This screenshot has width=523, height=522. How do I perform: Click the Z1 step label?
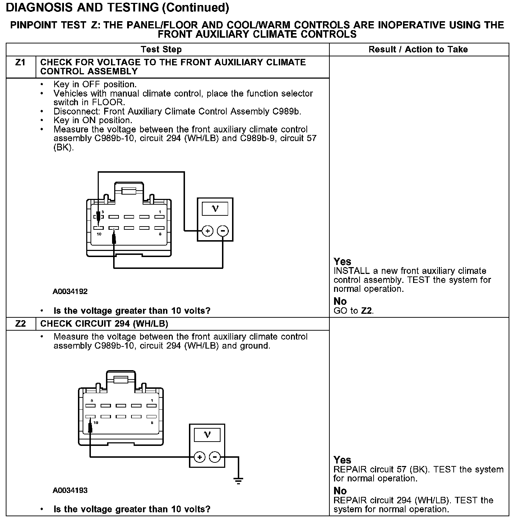(x=20, y=62)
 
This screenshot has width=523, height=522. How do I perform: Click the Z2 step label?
(x=20, y=324)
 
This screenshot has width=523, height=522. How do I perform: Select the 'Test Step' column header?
(x=161, y=50)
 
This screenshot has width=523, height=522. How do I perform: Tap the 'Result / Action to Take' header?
(x=418, y=50)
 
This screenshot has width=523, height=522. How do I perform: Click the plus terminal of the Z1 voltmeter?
(x=208, y=231)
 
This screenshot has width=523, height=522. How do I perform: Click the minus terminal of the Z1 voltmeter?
(x=223, y=231)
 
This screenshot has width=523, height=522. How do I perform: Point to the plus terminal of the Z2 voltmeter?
(x=199, y=457)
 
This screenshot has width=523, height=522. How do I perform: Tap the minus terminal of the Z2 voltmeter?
(x=215, y=457)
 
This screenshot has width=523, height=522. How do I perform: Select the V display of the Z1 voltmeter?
(x=215, y=209)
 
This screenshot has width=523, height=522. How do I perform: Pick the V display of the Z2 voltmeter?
(x=207, y=435)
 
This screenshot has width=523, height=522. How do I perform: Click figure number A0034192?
(x=70, y=292)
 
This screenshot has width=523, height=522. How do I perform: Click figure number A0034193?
(x=70, y=490)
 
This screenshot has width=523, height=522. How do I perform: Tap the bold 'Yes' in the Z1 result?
(x=342, y=261)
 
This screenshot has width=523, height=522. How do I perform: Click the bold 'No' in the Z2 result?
(x=340, y=491)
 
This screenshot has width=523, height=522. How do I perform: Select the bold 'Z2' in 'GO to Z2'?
(x=366, y=311)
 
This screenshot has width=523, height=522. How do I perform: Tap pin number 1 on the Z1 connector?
(x=160, y=212)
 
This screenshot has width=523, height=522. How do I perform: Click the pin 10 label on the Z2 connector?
(x=96, y=423)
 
